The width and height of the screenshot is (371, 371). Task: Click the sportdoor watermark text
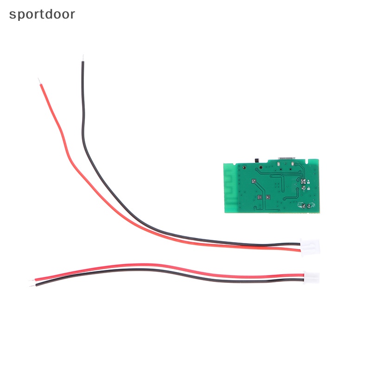tap(42, 14)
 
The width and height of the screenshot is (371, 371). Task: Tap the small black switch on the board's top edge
tap(257, 160)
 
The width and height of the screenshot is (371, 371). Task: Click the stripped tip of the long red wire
tap(38, 81)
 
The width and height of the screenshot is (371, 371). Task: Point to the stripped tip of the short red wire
tap(31, 280)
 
